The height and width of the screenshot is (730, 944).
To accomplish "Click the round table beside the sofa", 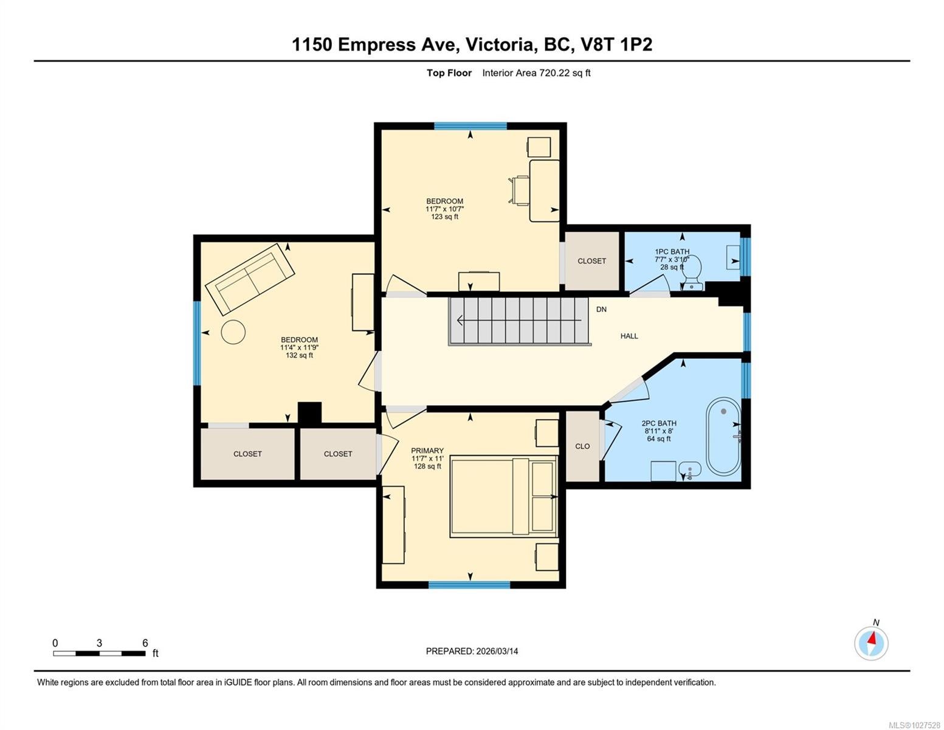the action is tap(233, 332).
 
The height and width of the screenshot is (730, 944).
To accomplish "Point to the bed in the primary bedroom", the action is tap(503, 496).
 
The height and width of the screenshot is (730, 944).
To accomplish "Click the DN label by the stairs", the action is tap(601, 309).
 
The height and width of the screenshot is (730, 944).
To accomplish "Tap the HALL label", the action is tap(629, 336).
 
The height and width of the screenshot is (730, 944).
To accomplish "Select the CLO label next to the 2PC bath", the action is tap(582, 446).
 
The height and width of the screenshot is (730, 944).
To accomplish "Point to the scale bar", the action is tap(100, 653).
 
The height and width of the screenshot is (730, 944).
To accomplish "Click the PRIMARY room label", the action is tap(427, 450).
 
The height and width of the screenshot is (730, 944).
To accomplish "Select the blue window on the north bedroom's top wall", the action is tap(470, 126).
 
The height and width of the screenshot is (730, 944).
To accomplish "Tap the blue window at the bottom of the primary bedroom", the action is tap(469, 585).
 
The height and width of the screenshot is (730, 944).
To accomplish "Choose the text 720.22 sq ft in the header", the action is tap(565, 73).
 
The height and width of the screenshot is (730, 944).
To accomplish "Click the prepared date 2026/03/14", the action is tap(497, 652).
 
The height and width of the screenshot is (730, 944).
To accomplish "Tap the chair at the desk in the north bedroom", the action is tap(519, 190).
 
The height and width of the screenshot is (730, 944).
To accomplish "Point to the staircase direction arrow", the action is tap(520, 321).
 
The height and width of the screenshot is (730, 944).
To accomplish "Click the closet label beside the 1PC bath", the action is tap(591, 261).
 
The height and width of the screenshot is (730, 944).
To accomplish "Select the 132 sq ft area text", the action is tap(299, 355).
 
